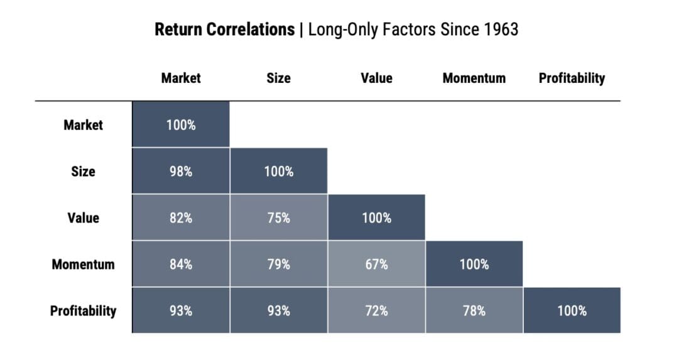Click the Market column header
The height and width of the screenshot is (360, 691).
coord(181,78)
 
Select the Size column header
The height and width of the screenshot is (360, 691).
coord(278,78)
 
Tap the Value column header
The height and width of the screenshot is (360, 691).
coord(376,78)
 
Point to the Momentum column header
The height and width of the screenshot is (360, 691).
coord(474,78)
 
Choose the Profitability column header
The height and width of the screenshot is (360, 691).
coord(572,78)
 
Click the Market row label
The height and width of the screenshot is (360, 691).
coord(83,124)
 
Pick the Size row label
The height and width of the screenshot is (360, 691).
coord(83,171)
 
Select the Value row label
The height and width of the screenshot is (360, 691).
coord(83,217)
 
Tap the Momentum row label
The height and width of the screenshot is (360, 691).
coord(83,264)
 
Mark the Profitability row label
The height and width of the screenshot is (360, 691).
coord(83,310)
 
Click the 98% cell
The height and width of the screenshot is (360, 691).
coord(181,171)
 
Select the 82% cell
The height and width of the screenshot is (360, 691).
coord(181,217)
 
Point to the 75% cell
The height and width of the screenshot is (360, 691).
coord(278,217)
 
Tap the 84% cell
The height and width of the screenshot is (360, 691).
coord(181,264)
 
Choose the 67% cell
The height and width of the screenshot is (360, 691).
coord(376,264)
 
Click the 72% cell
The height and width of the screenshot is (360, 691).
coord(376,310)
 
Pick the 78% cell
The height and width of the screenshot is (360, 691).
coord(474,310)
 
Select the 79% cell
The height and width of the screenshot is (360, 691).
coord(278,264)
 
